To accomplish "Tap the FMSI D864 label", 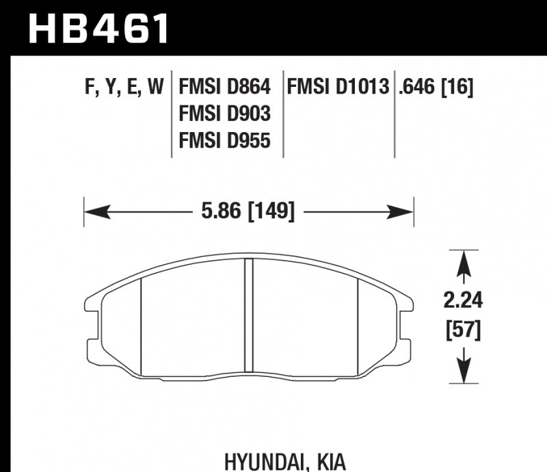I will (224, 88).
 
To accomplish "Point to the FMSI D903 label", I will (224, 114).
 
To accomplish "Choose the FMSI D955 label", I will (224, 140).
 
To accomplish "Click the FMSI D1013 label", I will (338, 88).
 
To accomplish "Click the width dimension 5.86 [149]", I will (249, 212).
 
